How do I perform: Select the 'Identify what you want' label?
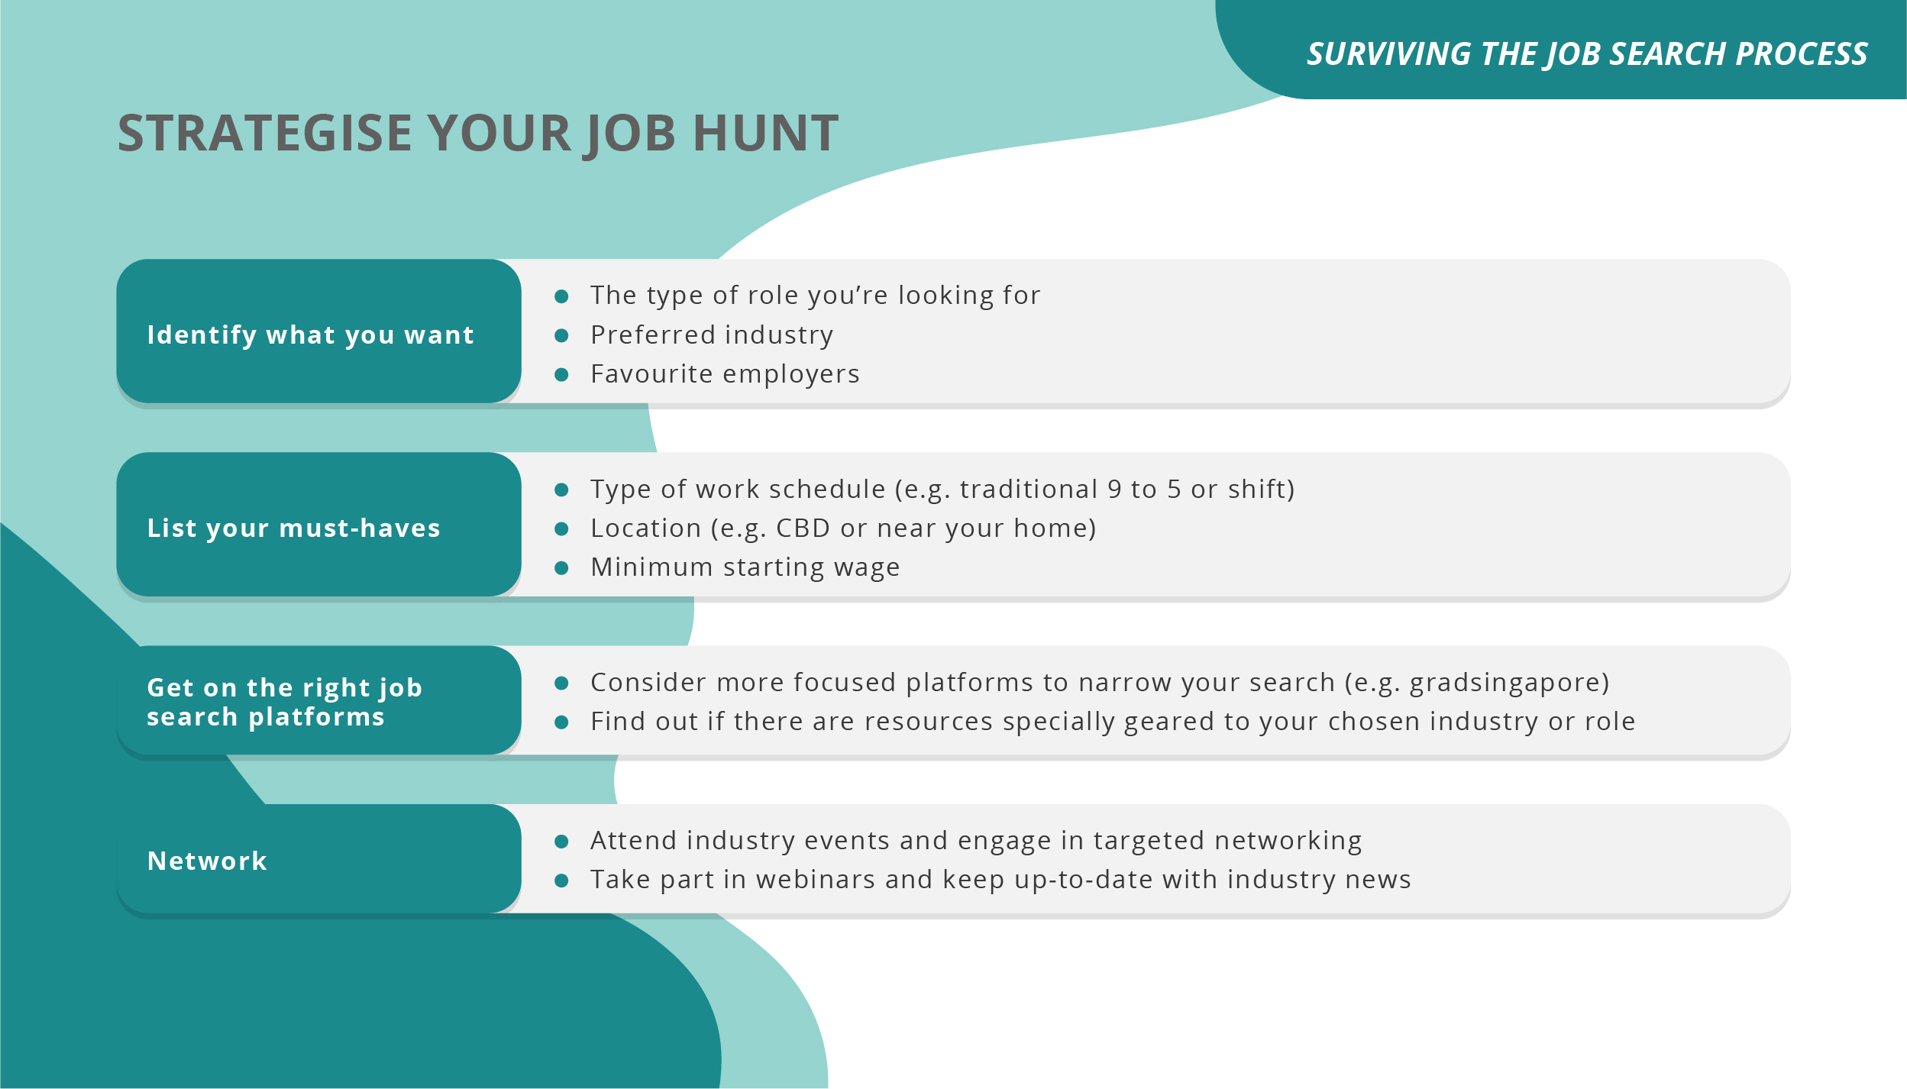pyautogui.click(x=311, y=334)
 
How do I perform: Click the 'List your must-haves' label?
pyautogui.click(x=294, y=528)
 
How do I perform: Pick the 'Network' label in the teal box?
pyautogui.click(x=207, y=861)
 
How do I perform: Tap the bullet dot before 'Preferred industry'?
pyautogui.click(x=561, y=335)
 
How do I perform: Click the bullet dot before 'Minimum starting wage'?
pyautogui.click(x=561, y=567)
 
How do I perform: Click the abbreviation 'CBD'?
pyautogui.click(x=803, y=528)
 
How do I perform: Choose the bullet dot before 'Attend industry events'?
pyautogui.click(x=561, y=842)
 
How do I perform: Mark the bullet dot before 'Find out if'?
pyautogui.click(x=561, y=722)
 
